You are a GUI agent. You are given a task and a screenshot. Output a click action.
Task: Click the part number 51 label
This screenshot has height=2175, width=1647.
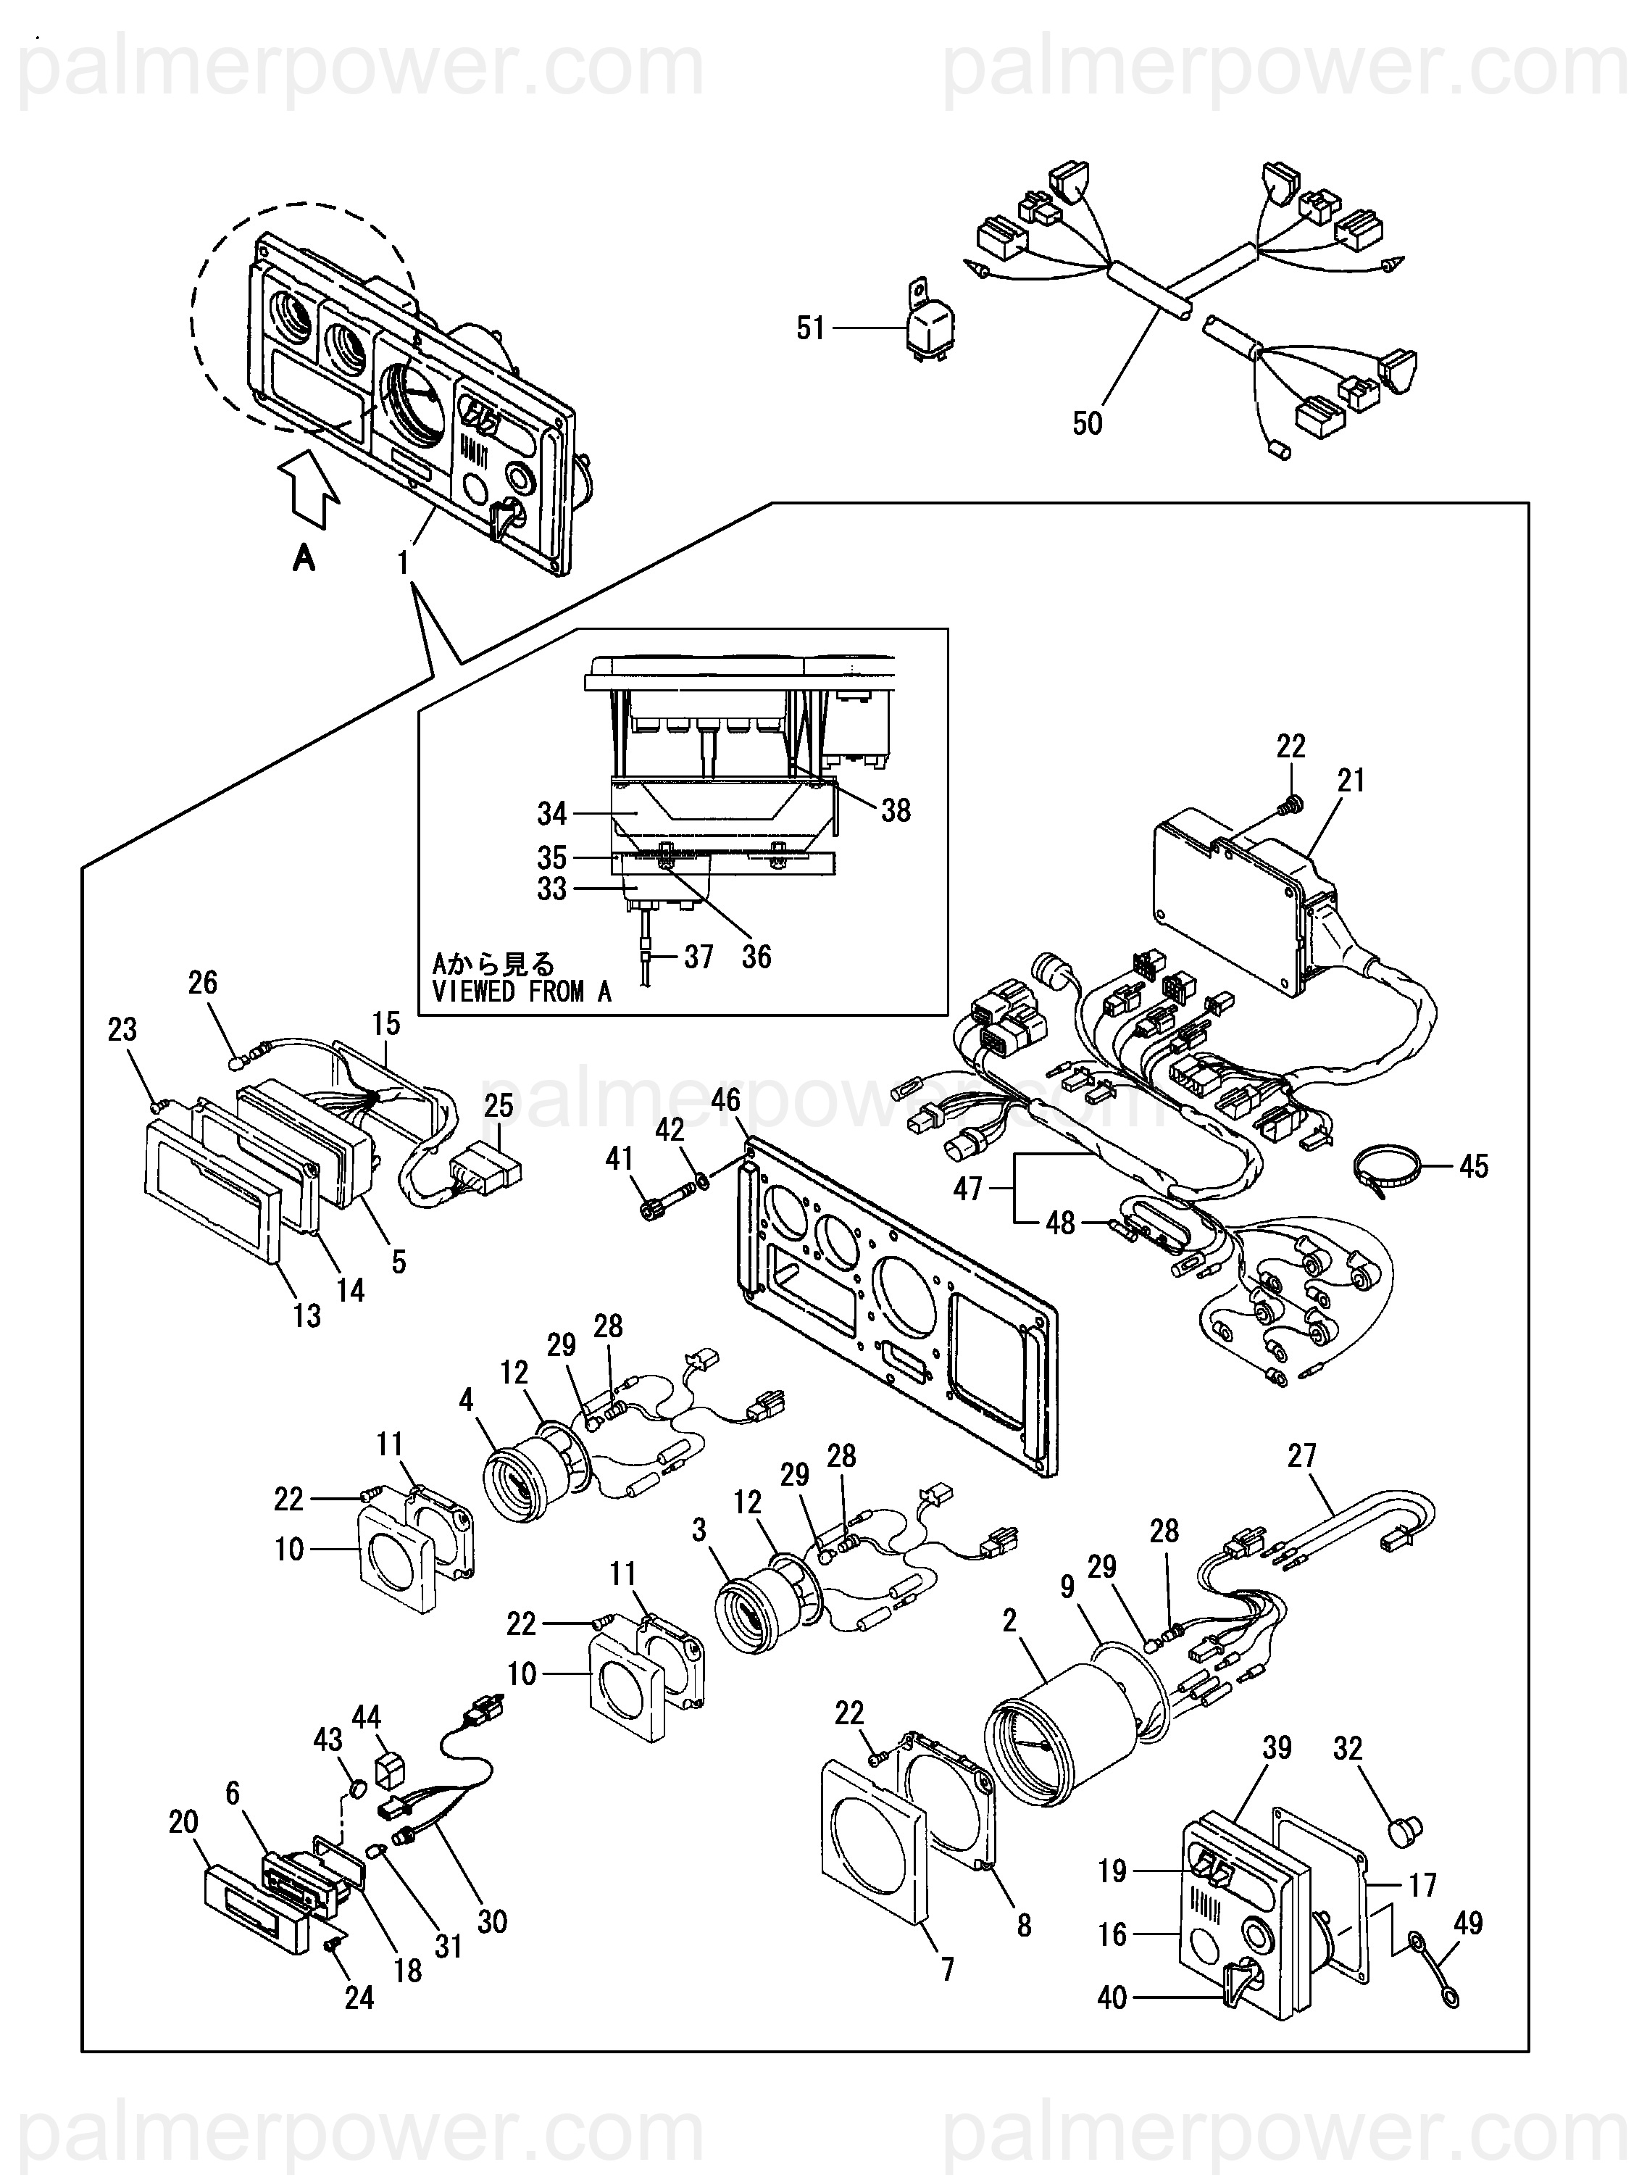point(812,328)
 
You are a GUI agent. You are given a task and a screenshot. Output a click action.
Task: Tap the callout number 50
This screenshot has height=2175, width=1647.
point(1088,424)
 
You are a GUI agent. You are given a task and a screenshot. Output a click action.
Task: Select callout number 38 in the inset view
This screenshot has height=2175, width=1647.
point(896,810)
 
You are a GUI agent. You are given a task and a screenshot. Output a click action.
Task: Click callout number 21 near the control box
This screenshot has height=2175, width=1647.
point(1352,781)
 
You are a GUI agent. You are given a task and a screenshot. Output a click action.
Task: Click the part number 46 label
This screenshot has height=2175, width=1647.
point(725,1100)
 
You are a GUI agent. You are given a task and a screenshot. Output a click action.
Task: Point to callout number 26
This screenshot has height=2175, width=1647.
point(203,982)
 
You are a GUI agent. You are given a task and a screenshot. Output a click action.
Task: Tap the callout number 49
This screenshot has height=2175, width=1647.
point(1468,1922)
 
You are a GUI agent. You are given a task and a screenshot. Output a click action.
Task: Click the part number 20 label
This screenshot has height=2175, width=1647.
point(184,1822)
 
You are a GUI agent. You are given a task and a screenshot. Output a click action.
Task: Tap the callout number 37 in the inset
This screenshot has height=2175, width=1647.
point(698,956)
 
